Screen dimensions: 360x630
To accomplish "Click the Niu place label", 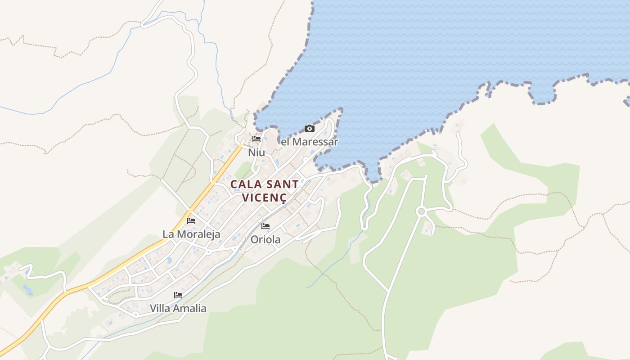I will (256, 153).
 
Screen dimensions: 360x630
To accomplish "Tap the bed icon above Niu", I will (256, 139).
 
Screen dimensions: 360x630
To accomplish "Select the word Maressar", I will (315, 142).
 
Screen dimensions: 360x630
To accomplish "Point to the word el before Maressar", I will (285, 142).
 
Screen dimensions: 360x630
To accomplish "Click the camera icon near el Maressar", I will (310, 129).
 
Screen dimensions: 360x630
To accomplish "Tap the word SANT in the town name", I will (282, 184).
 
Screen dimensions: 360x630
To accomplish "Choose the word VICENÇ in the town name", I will (264, 197).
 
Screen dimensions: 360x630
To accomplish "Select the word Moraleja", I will (198, 234).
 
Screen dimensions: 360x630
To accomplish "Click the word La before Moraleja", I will (168, 234).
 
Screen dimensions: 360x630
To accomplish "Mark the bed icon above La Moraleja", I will (191, 221).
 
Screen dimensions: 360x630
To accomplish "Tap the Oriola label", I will (265, 239).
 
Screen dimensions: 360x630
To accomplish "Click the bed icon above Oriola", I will (265, 226).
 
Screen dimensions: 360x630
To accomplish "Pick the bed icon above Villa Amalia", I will (178, 295).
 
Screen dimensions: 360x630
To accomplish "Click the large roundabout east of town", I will (421, 211).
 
